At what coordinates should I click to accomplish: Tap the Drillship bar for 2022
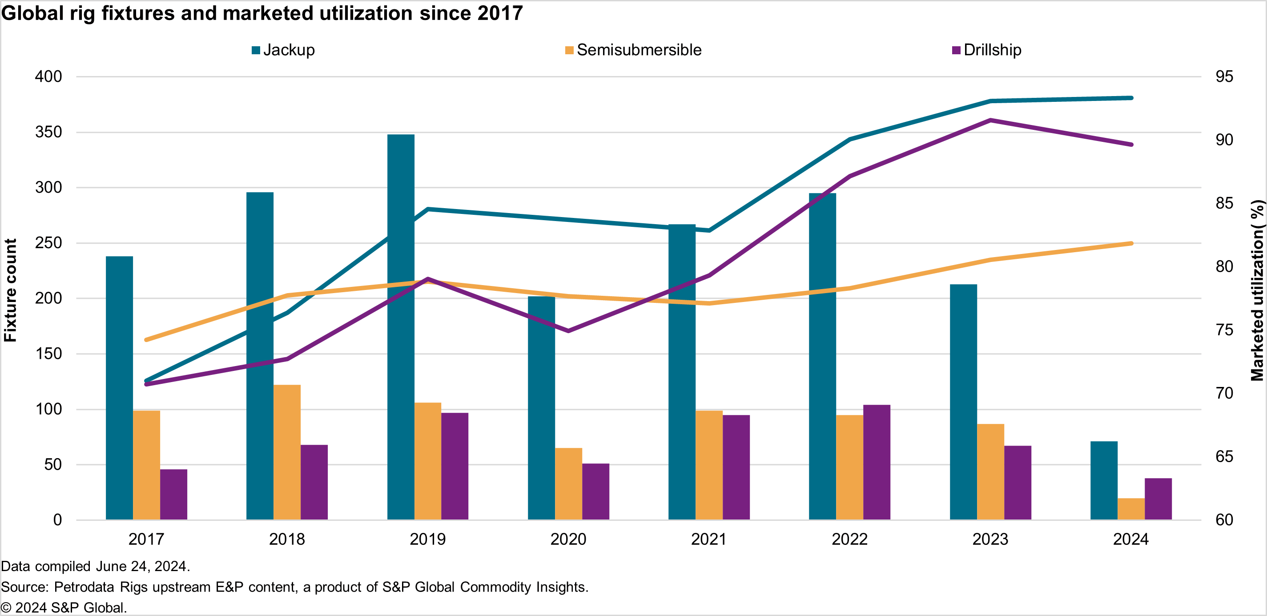[877, 462]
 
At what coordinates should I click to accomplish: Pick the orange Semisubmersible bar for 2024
[1131, 509]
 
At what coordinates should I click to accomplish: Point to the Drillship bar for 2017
[173, 494]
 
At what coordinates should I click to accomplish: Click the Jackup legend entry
[283, 50]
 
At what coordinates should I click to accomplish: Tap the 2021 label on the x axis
[709, 539]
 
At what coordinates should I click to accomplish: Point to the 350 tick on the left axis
[48, 132]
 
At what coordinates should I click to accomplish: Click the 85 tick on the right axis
[1224, 203]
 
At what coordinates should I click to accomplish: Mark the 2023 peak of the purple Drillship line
[990, 120]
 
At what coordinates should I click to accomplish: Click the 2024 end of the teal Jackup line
[1131, 98]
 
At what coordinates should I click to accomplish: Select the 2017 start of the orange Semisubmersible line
[146, 339]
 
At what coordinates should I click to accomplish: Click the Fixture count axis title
[10, 290]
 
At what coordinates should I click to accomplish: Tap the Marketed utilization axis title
[1257, 290]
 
